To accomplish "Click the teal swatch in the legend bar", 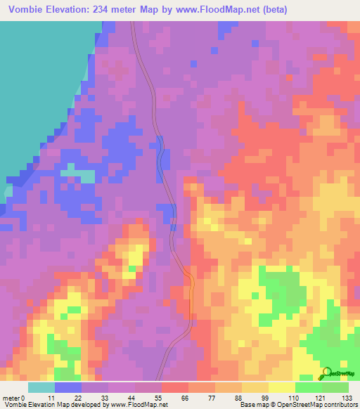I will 41,387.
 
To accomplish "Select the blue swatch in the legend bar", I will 68,387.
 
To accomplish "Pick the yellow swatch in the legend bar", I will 282,387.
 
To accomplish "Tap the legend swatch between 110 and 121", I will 309,387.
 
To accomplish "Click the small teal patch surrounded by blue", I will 77,174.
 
